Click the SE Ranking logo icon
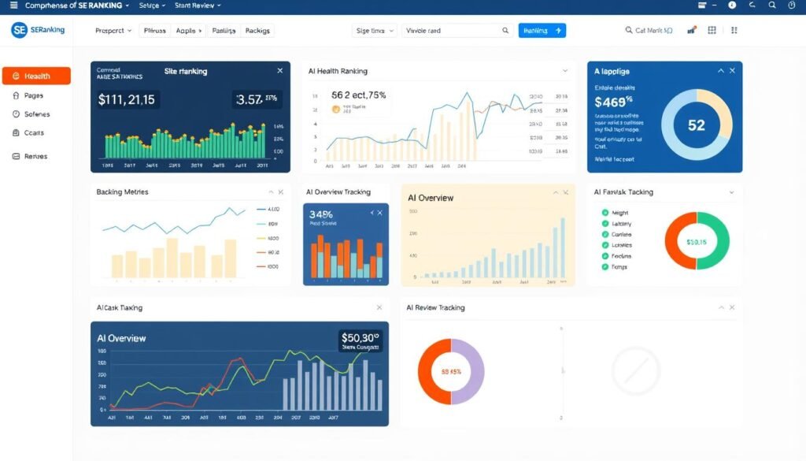(x=20, y=30)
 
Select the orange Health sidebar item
(x=36, y=76)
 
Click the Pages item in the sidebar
(x=33, y=95)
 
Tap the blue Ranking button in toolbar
(x=542, y=31)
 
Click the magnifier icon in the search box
(x=505, y=31)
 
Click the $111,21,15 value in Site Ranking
(x=128, y=100)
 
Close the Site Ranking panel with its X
(x=279, y=71)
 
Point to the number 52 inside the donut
(x=696, y=125)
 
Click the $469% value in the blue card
(x=614, y=102)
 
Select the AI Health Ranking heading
(x=338, y=71)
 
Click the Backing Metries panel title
(x=122, y=191)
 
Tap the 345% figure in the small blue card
(x=321, y=214)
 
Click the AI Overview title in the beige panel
(x=431, y=198)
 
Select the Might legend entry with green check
(x=619, y=213)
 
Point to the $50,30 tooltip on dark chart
(x=360, y=340)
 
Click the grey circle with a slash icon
(x=635, y=370)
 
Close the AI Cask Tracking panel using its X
(x=379, y=307)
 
